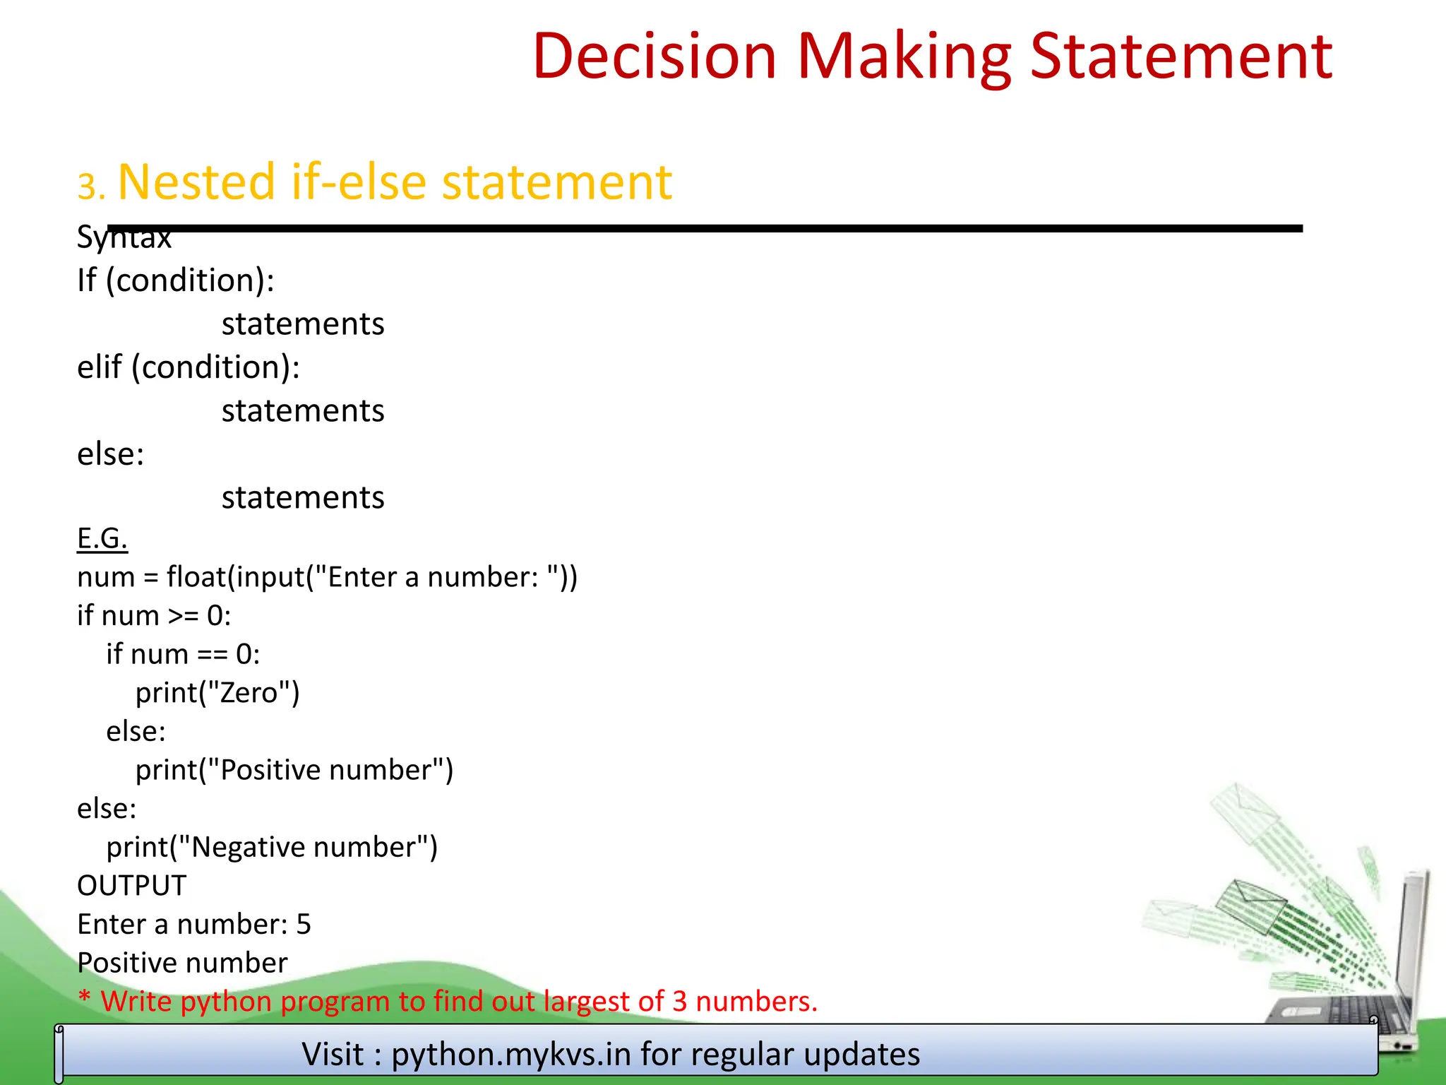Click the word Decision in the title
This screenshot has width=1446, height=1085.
click(655, 57)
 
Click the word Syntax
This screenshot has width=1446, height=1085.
click(124, 237)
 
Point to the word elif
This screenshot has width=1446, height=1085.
click(99, 367)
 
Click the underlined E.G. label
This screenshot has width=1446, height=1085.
click(102, 539)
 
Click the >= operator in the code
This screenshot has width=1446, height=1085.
click(183, 616)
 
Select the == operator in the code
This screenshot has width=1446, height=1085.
click(212, 655)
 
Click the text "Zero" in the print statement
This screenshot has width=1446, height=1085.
click(249, 693)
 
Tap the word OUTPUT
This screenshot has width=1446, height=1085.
click(131, 886)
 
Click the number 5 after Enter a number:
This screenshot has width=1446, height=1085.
click(304, 925)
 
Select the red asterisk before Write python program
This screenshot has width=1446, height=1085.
click(85, 1000)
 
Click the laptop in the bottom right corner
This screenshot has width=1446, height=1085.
click(1363, 989)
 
